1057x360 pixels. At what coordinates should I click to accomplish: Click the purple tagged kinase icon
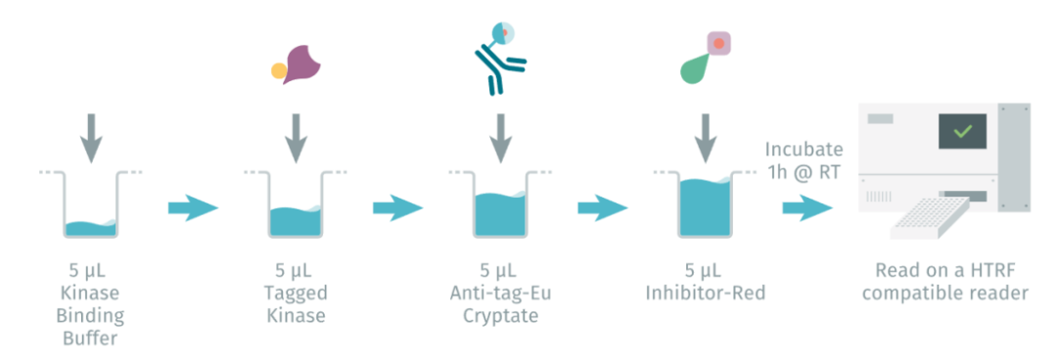point(299,64)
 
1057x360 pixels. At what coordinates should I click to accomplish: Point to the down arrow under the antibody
point(500,137)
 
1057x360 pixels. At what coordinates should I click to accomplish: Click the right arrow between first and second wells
point(193,207)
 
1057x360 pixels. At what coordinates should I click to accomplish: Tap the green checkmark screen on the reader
point(962,131)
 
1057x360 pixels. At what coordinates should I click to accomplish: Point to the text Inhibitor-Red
point(705,292)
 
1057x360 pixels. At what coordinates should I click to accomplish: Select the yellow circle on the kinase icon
point(279,70)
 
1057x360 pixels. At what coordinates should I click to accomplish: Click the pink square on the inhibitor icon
point(719,44)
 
